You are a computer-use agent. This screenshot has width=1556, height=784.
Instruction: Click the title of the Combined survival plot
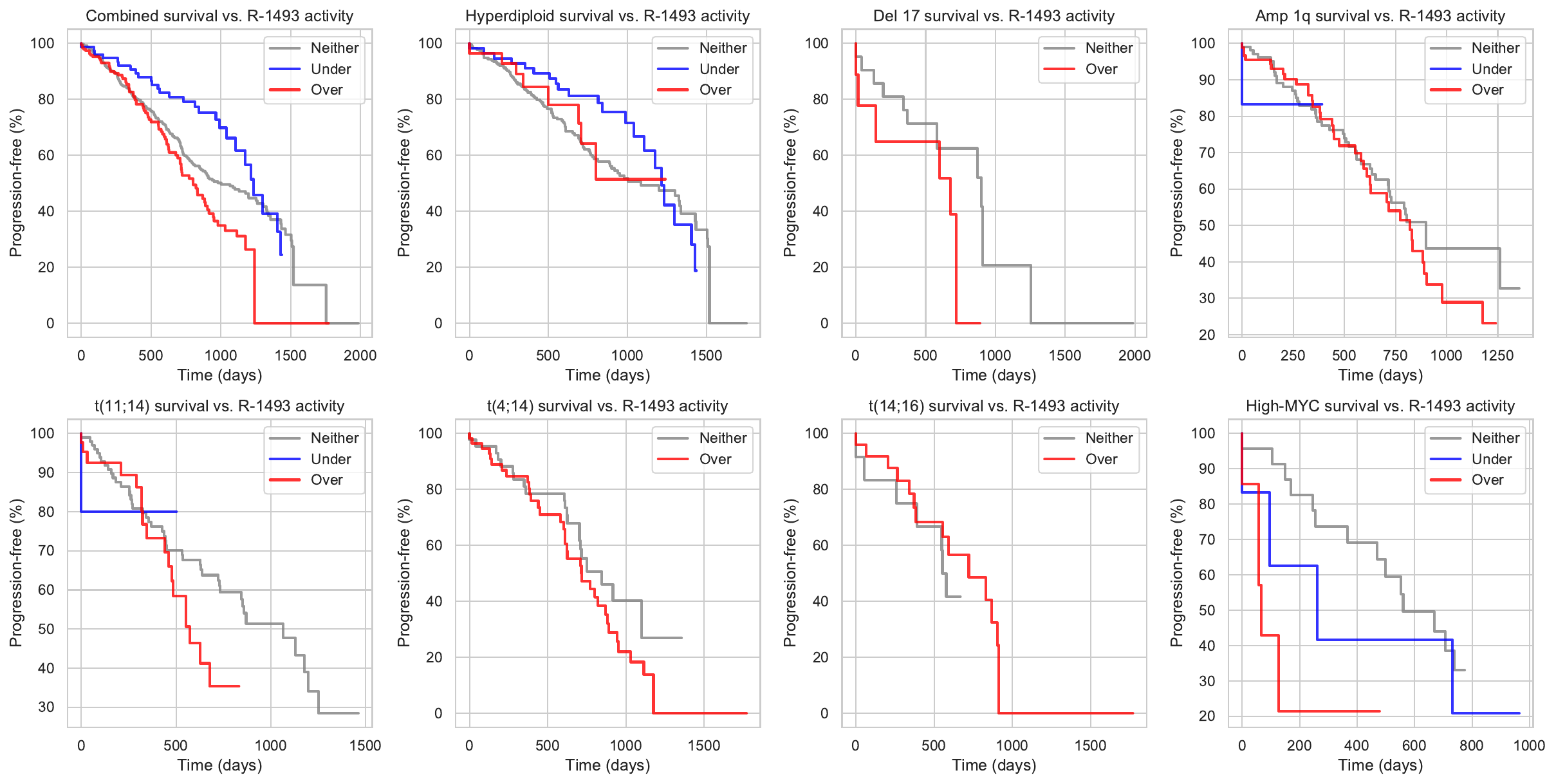219,15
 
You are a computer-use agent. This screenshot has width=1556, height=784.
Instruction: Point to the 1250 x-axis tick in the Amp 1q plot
1497,355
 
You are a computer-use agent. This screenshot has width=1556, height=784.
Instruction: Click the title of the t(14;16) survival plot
994,406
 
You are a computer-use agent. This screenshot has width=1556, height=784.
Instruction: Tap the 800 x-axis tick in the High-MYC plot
1471,745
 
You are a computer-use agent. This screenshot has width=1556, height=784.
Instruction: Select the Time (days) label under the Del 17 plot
994,375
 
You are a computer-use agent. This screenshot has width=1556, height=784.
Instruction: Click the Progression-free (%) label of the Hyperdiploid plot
403,183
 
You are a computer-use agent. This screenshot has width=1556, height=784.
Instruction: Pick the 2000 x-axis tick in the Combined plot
360,355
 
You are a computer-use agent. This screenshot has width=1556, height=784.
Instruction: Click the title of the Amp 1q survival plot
1380,15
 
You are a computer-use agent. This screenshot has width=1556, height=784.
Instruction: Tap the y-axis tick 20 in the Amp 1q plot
1207,335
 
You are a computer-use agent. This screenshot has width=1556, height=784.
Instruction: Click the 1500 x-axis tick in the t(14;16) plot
1090,745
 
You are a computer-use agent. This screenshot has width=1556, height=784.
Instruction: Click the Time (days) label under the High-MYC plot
1380,765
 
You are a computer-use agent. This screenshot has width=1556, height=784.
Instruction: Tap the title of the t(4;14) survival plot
607,406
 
